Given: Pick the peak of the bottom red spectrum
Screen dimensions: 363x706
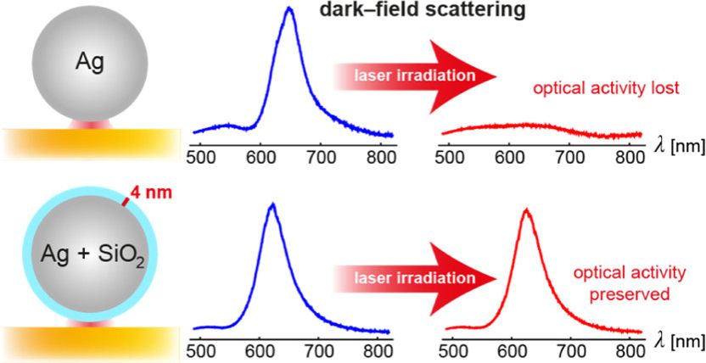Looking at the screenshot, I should coord(527,208).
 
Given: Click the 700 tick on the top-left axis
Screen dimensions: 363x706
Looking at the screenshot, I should coord(321,158).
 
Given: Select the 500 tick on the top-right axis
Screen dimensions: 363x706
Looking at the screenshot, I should coord(452,158).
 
